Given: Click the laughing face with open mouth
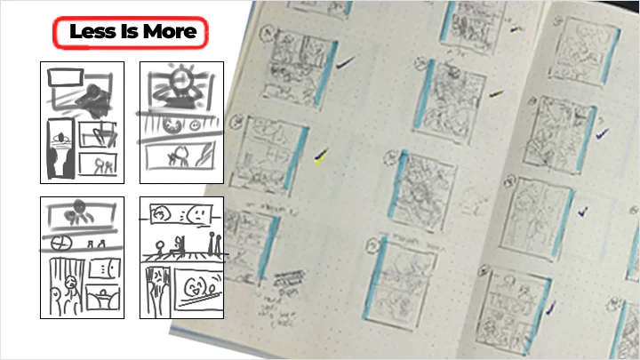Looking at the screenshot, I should click(x=197, y=286).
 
